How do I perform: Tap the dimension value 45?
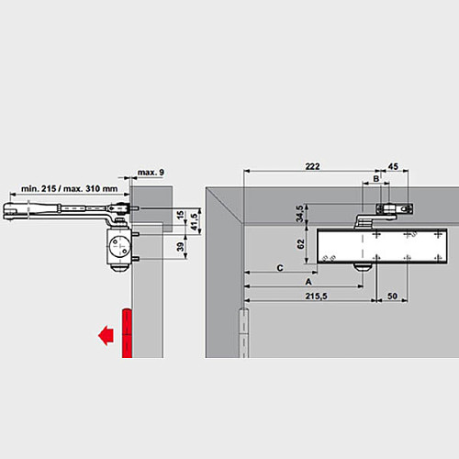pos(393,166)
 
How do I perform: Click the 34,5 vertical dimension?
pos(299,212)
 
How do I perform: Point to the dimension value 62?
pos(299,245)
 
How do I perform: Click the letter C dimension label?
pos(278,267)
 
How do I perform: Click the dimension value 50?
pos(393,297)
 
